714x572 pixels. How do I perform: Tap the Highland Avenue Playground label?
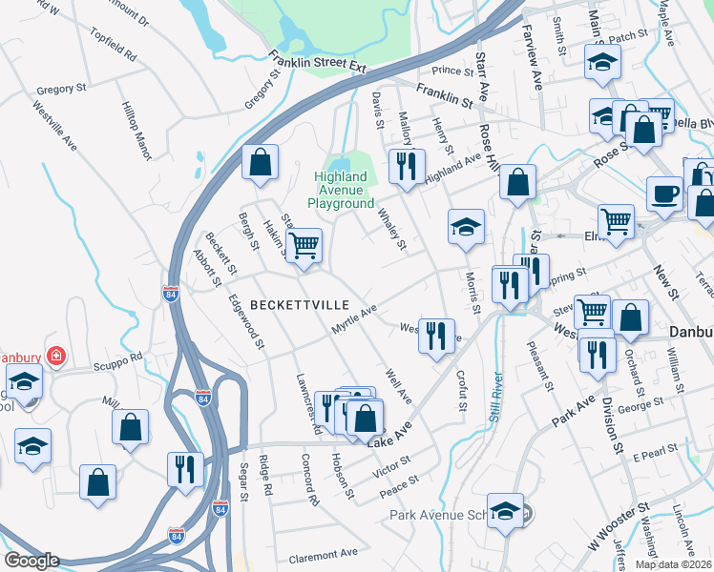341,190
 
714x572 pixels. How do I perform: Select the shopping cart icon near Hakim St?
304,244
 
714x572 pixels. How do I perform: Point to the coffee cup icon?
664,193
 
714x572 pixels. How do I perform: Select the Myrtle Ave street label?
354,318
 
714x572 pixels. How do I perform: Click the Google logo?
31,561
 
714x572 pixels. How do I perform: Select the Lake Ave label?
389,434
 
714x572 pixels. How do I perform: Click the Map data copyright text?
673,563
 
